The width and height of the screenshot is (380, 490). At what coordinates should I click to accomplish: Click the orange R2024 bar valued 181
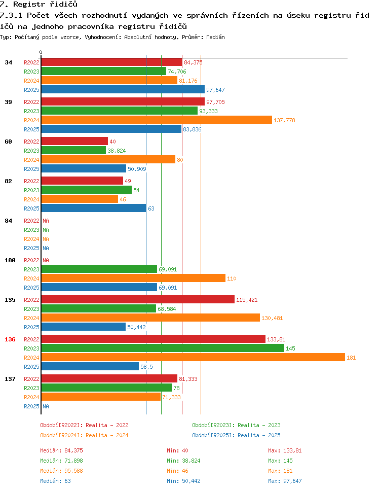193,357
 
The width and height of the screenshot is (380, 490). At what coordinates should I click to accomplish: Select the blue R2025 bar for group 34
123,89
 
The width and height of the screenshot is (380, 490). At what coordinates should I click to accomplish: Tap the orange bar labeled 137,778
157,120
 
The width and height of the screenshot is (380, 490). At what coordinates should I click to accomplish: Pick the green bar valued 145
163,348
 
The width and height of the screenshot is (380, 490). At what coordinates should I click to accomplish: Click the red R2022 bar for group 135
138,299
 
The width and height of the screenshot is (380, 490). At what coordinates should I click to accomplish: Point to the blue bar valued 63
94,208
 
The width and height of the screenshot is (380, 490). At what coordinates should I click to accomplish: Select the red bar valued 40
74,141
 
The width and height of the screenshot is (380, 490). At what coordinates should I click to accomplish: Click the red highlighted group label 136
10,339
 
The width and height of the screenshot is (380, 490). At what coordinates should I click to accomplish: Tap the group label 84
9,221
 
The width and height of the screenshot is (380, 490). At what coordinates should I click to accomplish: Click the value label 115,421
247,300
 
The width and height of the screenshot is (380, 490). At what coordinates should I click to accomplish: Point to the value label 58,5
146,367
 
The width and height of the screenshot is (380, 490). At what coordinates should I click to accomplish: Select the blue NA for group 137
46,406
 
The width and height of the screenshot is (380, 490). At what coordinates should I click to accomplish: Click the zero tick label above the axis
41,53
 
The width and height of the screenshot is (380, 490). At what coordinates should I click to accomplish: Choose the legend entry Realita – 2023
259,425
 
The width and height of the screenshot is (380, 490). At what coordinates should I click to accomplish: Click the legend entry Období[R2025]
213,435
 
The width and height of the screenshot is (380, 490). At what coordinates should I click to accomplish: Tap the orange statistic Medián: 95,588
61,471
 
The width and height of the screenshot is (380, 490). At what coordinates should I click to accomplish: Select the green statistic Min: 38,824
183,461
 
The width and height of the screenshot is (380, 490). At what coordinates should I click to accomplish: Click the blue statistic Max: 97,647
285,481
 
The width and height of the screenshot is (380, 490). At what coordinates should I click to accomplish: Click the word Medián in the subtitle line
215,37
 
